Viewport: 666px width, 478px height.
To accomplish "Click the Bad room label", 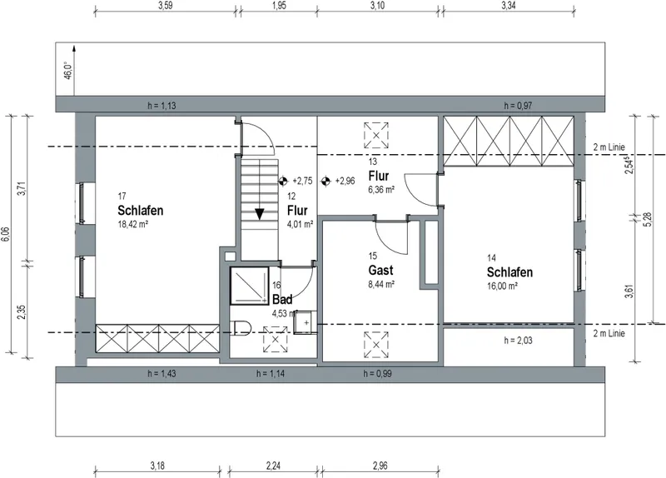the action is click(282, 300).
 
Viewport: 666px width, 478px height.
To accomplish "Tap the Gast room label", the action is click(380, 271).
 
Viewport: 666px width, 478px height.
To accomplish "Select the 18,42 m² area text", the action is click(132, 224).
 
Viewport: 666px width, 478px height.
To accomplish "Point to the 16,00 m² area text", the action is click(502, 286).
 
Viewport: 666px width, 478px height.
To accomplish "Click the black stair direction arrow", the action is click(259, 214).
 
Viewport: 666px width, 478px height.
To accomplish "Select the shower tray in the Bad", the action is click(249, 286).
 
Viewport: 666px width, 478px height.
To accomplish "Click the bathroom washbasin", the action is click(306, 323).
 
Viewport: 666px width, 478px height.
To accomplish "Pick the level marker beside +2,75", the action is click(283, 181).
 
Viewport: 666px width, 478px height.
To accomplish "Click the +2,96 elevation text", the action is click(345, 181).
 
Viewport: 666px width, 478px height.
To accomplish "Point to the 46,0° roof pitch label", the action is click(68, 70).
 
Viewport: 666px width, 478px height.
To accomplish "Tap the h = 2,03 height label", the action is click(518, 341).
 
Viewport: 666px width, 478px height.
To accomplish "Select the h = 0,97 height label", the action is click(518, 106).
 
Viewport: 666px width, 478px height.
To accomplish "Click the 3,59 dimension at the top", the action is click(165, 6).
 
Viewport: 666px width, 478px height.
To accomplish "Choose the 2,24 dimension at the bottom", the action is click(274, 466).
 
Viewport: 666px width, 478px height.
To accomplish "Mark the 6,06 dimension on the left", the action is click(6, 234).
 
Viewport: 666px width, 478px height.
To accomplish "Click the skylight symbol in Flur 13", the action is click(376, 136).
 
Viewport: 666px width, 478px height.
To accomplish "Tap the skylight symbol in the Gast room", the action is click(376, 345).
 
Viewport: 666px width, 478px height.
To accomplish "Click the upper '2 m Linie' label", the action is click(609, 147).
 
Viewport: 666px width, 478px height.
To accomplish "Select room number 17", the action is click(122, 197).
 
